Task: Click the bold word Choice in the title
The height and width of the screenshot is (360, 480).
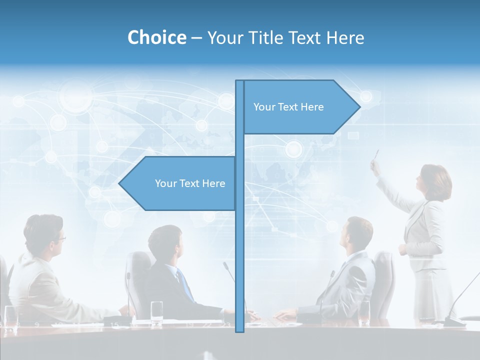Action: click(156, 37)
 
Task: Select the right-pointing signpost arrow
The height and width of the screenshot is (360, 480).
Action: click(300, 107)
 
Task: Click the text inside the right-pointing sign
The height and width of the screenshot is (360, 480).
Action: click(288, 107)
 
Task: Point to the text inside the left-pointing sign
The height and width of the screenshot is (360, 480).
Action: click(190, 183)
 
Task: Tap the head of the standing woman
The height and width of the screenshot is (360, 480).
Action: click(435, 181)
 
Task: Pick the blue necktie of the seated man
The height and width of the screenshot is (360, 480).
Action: click(185, 285)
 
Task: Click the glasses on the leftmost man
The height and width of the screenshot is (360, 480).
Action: click(60, 239)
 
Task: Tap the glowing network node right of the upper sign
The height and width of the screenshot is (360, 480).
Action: click(366, 96)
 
